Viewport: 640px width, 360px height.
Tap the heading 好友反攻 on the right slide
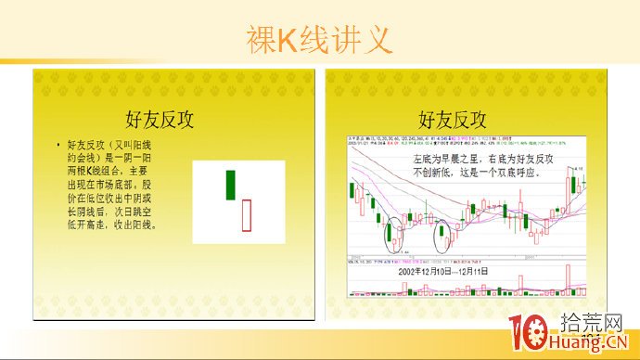tap(452, 119)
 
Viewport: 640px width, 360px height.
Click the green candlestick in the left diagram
tap(230, 185)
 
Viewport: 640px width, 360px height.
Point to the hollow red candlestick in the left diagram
tap(246, 214)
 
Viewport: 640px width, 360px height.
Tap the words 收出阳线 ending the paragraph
tap(137, 224)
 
